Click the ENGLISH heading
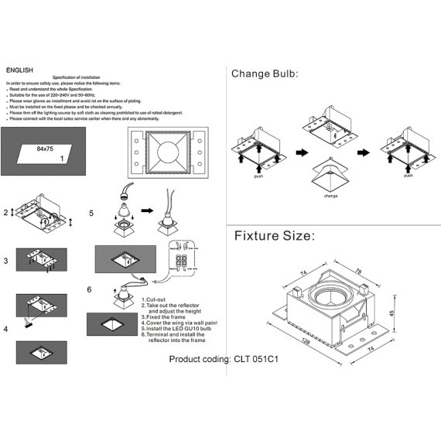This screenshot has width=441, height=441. (19, 70)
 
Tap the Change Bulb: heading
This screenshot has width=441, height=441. (265, 74)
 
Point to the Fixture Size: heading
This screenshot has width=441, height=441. (275, 235)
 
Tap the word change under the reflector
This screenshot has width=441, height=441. (330, 196)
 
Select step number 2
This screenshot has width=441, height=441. (7, 211)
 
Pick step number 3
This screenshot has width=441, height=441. (7, 262)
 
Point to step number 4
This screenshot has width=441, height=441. (7, 329)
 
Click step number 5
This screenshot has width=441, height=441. (91, 213)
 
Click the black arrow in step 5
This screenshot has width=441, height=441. (148, 208)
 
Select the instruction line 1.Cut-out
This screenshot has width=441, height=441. (157, 299)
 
